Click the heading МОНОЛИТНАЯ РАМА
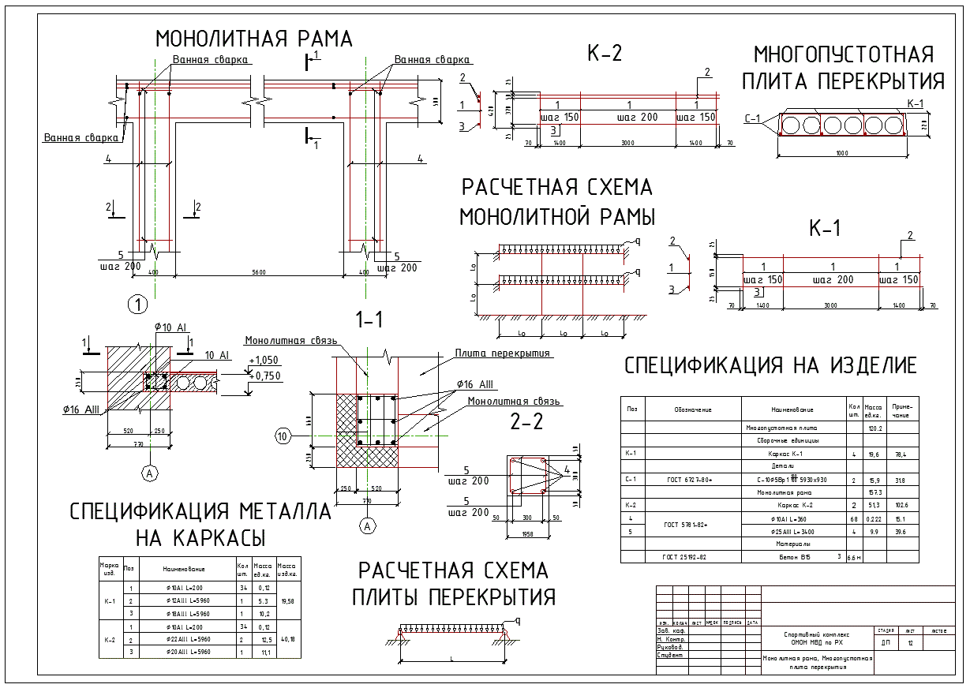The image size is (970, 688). [x=253, y=39]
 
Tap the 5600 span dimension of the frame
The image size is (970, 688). [x=259, y=272]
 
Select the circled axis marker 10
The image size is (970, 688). [x=283, y=436]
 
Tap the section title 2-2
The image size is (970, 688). [x=526, y=422]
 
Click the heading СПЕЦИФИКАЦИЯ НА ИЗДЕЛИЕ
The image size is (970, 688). [x=770, y=365]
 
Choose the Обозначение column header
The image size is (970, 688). [x=693, y=409]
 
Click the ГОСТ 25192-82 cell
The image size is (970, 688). [x=684, y=557]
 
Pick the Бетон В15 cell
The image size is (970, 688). [x=793, y=557]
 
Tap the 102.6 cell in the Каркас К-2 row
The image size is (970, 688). [x=902, y=505]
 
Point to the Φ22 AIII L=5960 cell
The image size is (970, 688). [x=189, y=639]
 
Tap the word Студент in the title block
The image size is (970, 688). [x=670, y=656]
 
